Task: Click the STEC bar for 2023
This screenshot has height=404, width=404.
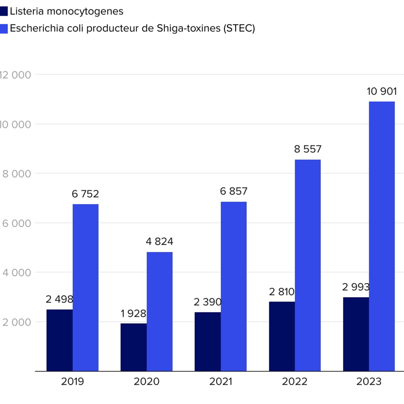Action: point(382,236)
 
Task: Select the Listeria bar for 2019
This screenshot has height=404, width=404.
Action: point(60,340)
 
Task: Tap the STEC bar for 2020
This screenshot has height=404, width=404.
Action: point(159,312)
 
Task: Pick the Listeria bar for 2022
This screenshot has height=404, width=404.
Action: point(282,336)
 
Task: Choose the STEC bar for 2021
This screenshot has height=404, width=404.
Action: point(233,286)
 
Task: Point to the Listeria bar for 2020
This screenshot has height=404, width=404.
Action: point(134,347)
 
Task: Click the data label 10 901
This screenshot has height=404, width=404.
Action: point(382,92)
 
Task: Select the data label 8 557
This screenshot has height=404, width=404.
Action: point(308,149)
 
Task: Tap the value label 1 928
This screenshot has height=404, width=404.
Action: point(133,313)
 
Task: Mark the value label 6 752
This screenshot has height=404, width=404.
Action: point(85,194)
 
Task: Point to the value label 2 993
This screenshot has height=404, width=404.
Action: point(356,287)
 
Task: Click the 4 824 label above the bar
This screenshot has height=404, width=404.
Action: point(159,242)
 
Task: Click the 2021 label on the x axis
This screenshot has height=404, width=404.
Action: point(220,382)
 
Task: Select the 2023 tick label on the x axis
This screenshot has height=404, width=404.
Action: point(369,382)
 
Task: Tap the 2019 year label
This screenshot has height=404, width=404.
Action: point(73,382)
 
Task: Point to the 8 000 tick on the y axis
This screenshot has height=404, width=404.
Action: point(16,174)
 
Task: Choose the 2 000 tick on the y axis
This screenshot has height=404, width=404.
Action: point(16,322)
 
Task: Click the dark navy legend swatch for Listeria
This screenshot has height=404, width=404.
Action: point(4,11)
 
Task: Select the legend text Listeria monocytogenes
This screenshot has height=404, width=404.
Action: point(67,11)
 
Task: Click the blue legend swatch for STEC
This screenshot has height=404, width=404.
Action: point(4,28)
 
